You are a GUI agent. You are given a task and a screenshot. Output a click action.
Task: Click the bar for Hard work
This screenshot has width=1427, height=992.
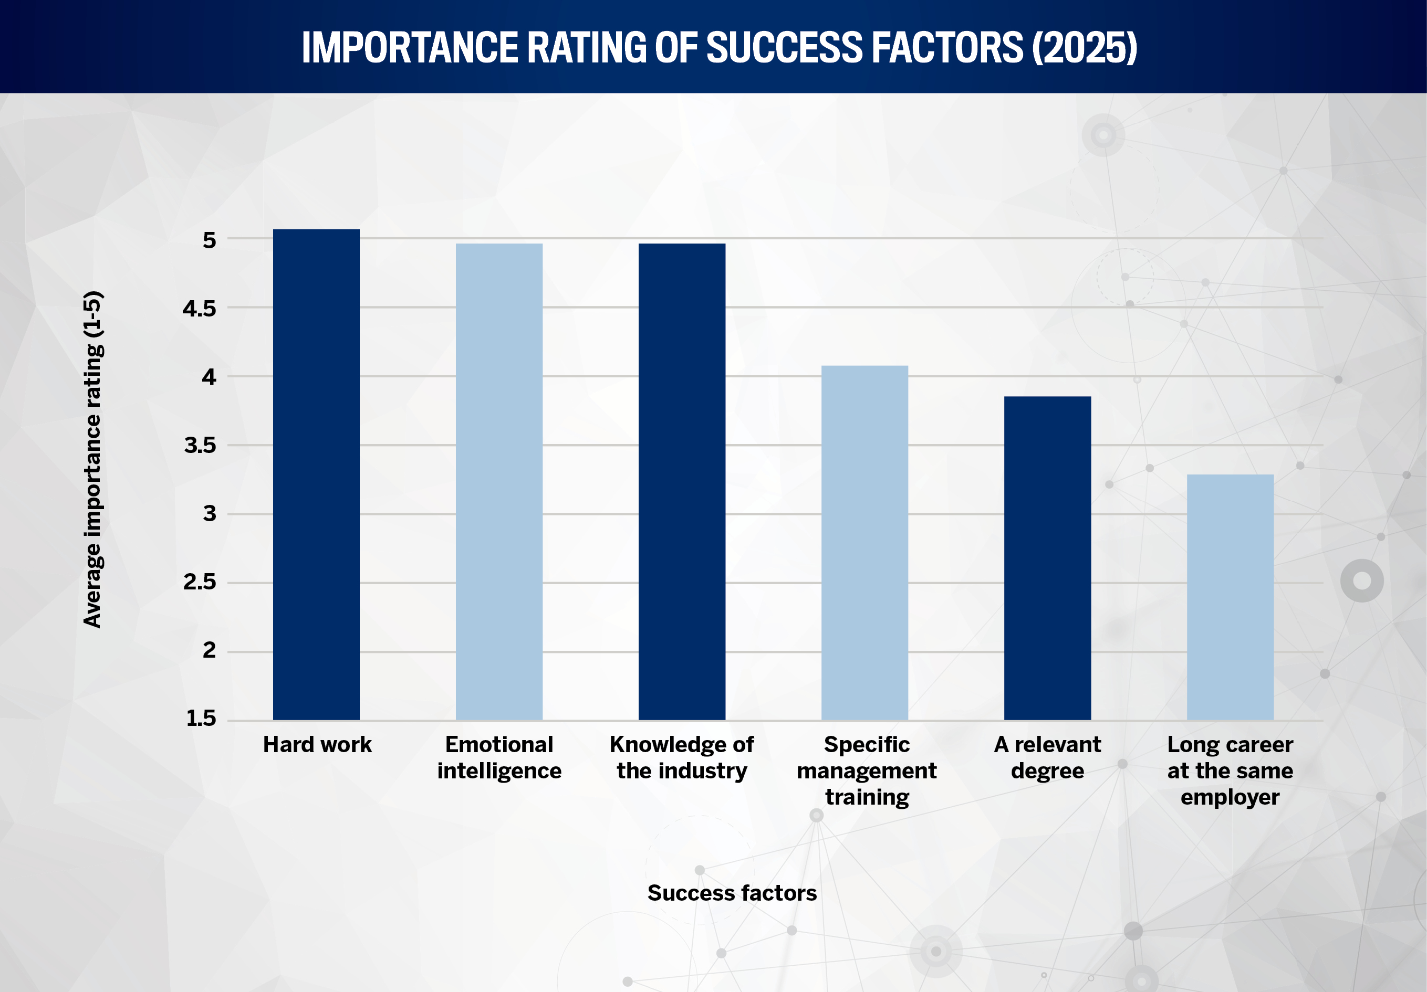[x=316, y=475]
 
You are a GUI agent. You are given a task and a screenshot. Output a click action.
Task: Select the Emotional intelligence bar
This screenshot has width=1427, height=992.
[x=498, y=482]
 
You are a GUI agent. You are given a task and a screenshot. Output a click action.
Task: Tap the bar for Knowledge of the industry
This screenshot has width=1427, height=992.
[x=682, y=482]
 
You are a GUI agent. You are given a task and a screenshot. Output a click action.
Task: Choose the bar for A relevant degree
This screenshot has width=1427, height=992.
[x=1047, y=558]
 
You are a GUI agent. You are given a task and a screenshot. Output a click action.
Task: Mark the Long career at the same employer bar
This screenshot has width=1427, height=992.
[x=1230, y=597]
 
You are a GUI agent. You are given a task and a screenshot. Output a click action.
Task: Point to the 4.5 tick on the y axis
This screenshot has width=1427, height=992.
[x=199, y=308]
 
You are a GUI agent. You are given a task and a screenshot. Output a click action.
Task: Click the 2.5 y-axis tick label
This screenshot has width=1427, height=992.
[x=199, y=582]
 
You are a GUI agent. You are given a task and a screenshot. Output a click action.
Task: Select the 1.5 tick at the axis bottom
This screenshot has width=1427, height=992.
[x=201, y=719]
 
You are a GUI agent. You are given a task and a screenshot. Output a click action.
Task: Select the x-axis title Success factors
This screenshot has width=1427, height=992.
[x=732, y=893]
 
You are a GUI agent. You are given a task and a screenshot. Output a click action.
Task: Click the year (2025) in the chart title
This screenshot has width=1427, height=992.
[x=1085, y=48]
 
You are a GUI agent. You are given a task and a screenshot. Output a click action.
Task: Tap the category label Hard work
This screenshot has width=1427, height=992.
[x=317, y=744]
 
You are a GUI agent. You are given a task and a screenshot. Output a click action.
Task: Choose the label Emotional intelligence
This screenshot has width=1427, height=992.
[x=499, y=757]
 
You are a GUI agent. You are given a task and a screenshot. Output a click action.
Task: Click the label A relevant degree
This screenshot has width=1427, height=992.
[x=1047, y=757]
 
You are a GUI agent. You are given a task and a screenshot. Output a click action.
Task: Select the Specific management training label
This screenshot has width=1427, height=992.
[x=867, y=771]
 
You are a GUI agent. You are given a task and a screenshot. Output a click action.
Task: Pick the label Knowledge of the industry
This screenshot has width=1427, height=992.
[x=682, y=757]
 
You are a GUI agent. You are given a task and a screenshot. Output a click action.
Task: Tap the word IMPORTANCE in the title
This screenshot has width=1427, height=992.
[x=410, y=48]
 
